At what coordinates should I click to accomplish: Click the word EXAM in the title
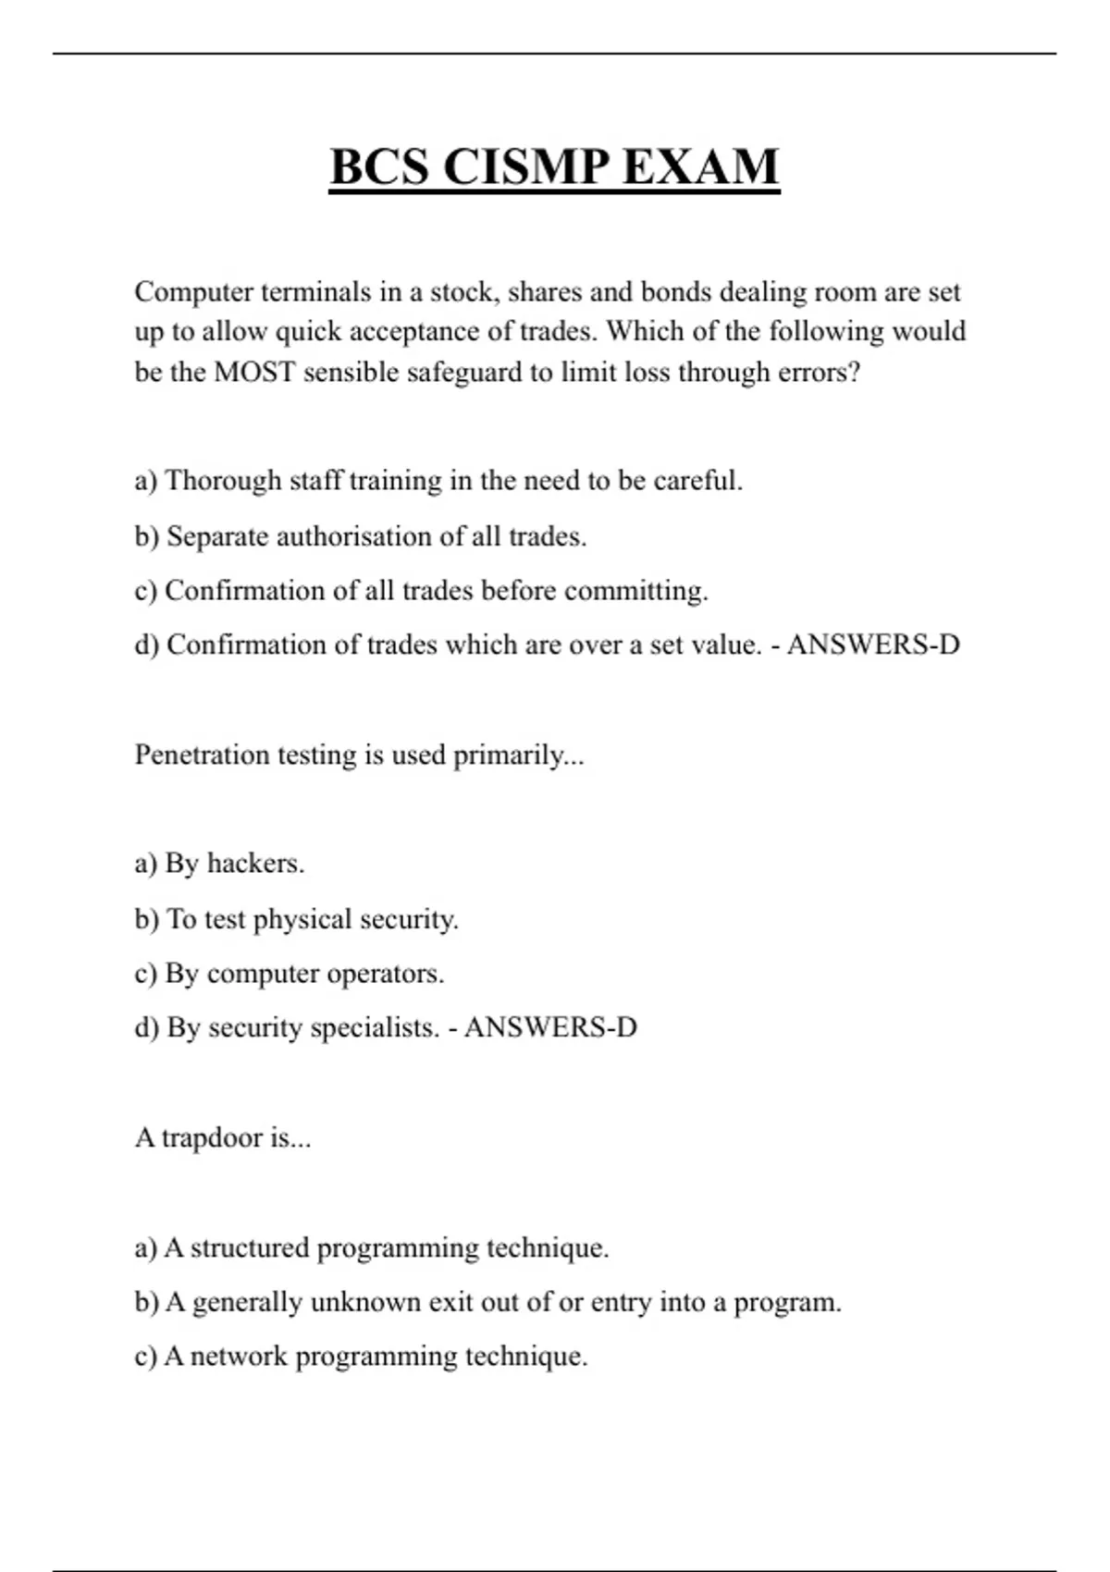click(700, 167)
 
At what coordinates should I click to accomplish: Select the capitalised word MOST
click(253, 372)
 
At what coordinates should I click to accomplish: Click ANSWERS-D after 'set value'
click(873, 645)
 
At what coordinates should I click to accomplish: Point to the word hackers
click(254, 864)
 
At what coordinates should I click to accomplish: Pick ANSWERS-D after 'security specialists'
click(550, 1027)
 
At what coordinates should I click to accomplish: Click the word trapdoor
click(212, 1137)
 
